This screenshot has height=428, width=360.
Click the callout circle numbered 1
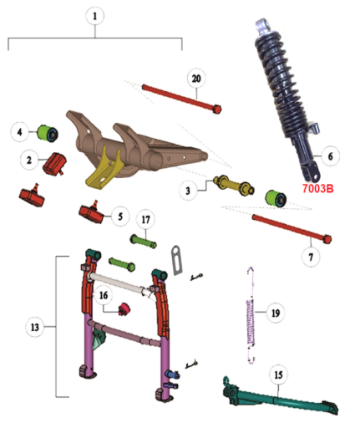[x=94, y=16]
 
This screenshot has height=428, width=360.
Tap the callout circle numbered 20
[x=196, y=79]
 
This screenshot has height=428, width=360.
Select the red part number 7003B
[x=317, y=189]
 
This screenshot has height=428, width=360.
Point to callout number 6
[x=331, y=156]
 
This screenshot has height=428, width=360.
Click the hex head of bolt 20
[x=217, y=109]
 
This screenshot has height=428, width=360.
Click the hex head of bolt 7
[x=327, y=239]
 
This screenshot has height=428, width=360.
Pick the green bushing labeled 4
[x=48, y=133]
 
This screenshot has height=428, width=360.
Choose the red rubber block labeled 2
[x=54, y=164]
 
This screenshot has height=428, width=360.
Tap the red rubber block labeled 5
[x=92, y=213]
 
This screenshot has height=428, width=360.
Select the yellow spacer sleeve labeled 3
[x=234, y=185]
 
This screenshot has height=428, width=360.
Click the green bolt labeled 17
[x=144, y=242]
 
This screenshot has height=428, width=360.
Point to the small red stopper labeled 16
[x=124, y=308]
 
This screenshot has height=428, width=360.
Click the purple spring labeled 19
[x=251, y=315]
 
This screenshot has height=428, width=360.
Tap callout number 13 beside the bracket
[x=35, y=327]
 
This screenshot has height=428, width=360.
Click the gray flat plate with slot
[x=176, y=260]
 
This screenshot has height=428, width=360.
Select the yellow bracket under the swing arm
[x=104, y=168]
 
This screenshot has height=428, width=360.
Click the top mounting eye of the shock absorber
[x=263, y=24]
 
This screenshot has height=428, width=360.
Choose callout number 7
[x=311, y=257]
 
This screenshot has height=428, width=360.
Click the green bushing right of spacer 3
[x=276, y=198]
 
